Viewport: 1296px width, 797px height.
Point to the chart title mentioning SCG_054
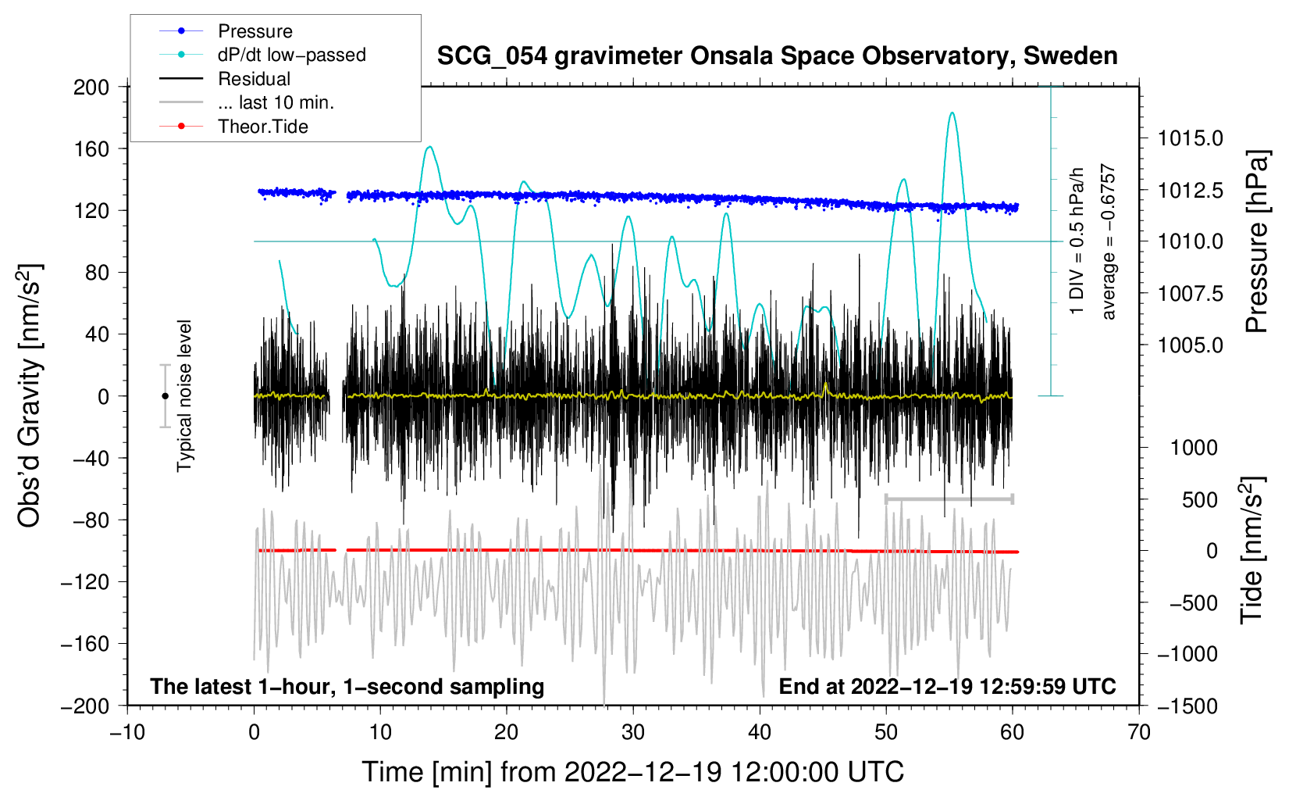coord(777,56)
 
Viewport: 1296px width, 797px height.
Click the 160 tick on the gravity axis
coord(91,149)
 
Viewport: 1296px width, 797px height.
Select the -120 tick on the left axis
coord(85,582)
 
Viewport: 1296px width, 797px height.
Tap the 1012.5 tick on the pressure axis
coord(1190,190)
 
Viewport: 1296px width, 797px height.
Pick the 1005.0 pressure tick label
coord(1190,345)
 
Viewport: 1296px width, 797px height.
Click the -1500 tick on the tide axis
coord(1187,706)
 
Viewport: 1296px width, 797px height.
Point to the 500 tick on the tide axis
coord(1199,499)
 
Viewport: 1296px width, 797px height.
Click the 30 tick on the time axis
coord(633,733)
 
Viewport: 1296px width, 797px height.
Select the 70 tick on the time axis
coord(1138,733)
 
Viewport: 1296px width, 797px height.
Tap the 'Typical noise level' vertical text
coord(184,396)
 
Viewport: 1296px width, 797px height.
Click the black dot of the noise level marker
coord(165,396)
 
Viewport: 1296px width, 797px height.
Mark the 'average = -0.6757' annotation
coord(1108,241)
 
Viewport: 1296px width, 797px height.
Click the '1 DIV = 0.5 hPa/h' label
coord(1076,241)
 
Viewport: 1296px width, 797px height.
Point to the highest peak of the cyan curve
coord(952,113)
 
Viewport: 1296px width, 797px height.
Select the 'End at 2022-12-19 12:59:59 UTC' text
coord(947,686)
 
